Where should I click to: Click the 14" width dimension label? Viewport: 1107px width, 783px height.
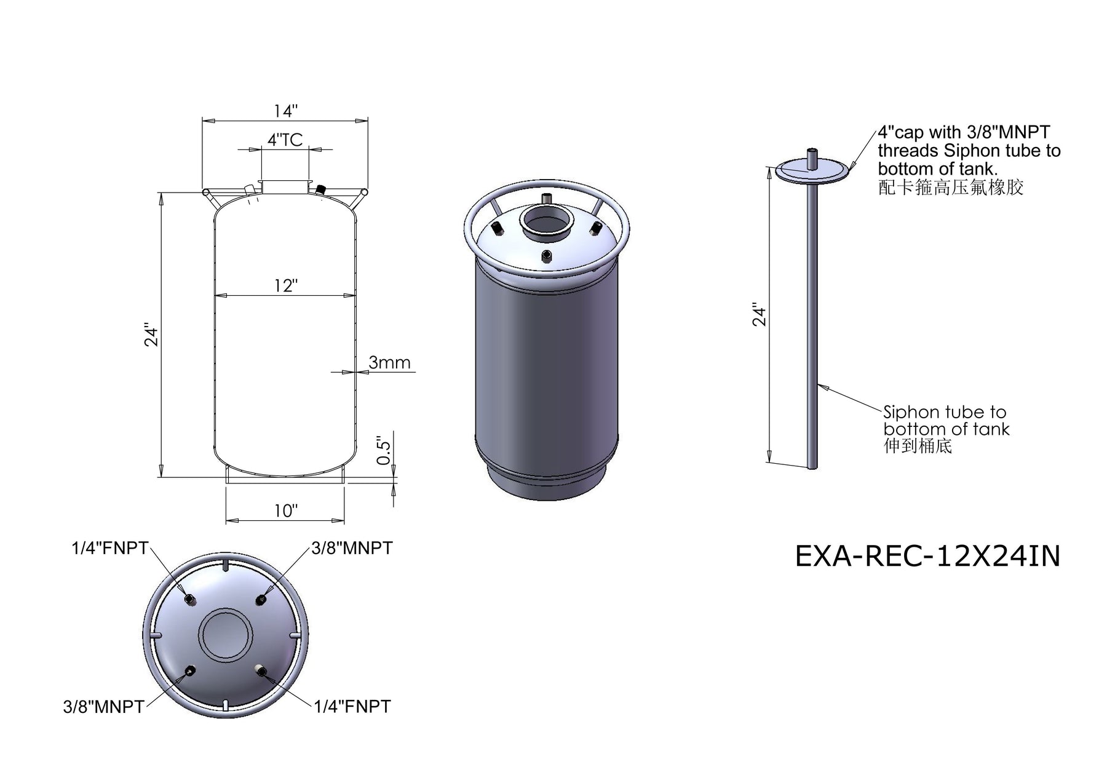click(286, 111)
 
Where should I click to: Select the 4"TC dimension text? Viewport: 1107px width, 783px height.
click(285, 140)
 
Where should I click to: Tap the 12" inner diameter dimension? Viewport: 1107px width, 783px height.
click(286, 286)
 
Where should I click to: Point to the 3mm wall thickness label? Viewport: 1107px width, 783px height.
click(389, 362)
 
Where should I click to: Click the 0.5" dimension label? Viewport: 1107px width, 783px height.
click(383, 451)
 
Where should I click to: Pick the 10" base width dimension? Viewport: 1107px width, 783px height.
click(286, 511)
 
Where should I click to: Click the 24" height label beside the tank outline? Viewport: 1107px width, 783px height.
click(151, 335)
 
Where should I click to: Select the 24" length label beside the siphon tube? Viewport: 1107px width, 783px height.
click(760, 316)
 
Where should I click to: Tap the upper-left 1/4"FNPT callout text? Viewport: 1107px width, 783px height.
click(110, 548)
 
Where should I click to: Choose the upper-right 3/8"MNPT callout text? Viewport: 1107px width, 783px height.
click(352, 548)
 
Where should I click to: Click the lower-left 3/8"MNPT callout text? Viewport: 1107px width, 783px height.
click(103, 707)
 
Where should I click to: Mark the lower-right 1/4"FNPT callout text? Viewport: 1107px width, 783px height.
click(352, 707)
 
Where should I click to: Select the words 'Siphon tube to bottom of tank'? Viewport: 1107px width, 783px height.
click(946, 420)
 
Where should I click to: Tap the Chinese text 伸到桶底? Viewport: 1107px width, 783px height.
click(918, 446)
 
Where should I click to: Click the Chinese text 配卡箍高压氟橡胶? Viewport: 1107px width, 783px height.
click(951, 187)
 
